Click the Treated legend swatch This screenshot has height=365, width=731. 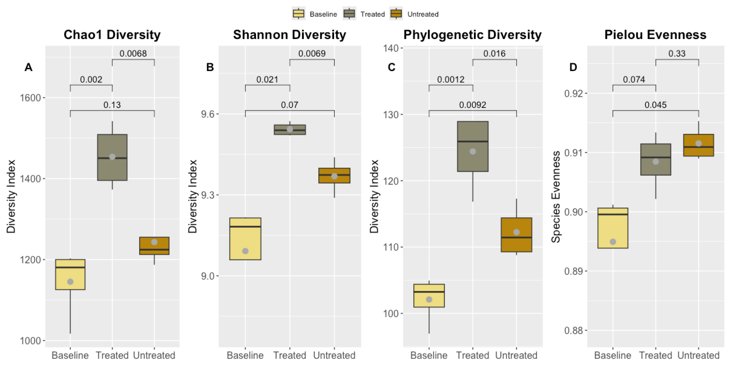click(x=349, y=14)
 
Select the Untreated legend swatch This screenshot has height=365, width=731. click(x=396, y=14)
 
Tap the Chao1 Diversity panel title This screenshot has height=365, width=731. click(x=112, y=35)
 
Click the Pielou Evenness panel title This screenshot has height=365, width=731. click(x=655, y=35)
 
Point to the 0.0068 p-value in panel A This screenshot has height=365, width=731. click(x=133, y=54)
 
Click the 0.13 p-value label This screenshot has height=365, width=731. click(x=112, y=105)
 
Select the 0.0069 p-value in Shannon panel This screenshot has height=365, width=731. click(x=312, y=54)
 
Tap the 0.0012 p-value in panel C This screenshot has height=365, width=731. click(x=451, y=80)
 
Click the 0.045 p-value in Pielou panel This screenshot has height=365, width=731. click(x=656, y=105)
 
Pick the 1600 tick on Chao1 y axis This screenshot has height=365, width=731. click(x=30, y=98)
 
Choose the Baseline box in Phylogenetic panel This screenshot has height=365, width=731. click(x=429, y=296)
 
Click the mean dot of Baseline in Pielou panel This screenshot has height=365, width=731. click(x=613, y=242)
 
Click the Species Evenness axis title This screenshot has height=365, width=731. click(x=556, y=197)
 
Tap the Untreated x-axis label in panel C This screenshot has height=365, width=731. click(x=516, y=355)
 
